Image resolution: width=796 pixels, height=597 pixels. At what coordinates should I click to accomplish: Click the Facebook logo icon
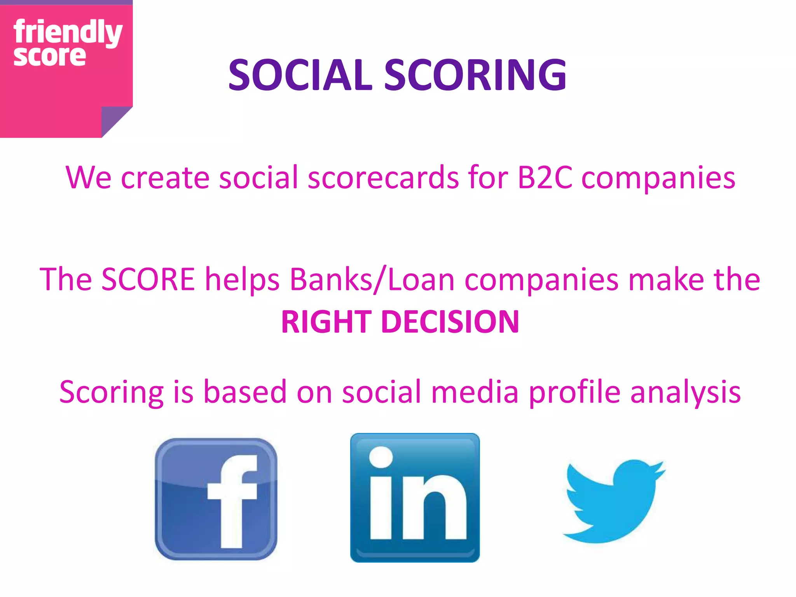pos(216,499)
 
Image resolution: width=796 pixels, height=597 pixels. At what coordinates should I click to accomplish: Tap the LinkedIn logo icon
pos(415,497)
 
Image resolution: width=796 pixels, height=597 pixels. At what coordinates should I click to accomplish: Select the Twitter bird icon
pos(614,501)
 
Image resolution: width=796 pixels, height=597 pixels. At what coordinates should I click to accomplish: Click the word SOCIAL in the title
pos(300,75)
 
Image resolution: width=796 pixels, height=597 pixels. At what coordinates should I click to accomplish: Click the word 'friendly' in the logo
pos(68,32)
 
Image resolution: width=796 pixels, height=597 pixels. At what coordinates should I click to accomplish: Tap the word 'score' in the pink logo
pos(49,57)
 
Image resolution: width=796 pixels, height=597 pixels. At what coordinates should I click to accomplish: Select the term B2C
pos(545,178)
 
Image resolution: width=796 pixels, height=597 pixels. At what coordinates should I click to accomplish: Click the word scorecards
pos(383,178)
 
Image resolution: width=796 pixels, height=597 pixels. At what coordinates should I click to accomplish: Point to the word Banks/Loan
pos(372,279)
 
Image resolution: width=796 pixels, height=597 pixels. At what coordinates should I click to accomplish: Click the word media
pos(475,392)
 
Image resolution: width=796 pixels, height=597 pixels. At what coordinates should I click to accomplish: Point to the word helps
pos(242,279)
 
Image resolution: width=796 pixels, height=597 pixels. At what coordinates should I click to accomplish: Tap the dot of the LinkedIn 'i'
pos(381,457)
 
